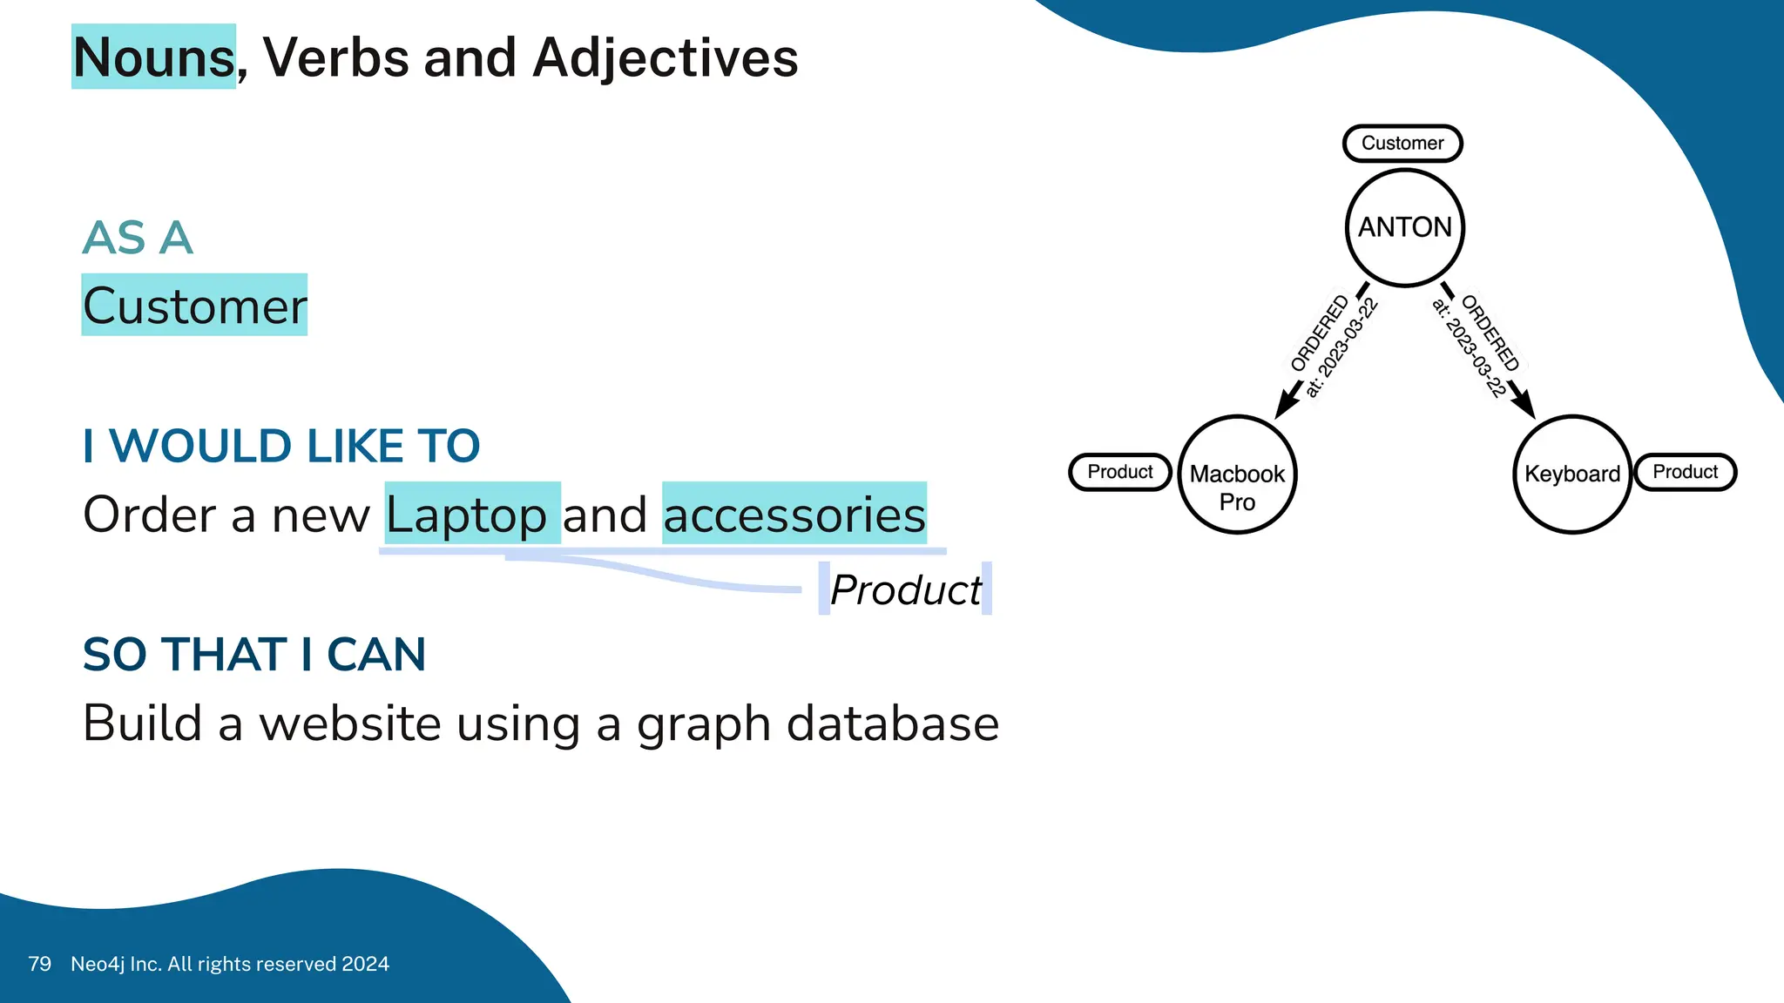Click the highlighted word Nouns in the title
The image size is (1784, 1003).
tap(154, 57)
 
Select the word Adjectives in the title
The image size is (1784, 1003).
tap(666, 57)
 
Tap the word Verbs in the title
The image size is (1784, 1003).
tap(336, 57)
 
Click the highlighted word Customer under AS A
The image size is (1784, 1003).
tap(195, 306)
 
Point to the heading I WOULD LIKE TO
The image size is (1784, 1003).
tap(281, 446)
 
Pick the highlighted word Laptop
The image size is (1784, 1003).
tap(467, 515)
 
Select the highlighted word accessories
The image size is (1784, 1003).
tap(794, 515)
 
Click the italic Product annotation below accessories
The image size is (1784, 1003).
tap(905, 590)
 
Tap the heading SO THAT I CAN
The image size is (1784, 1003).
tap(254, 655)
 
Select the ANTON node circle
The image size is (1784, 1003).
tap(1405, 227)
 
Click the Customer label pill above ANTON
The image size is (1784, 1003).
tap(1402, 143)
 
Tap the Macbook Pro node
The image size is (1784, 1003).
tap(1237, 475)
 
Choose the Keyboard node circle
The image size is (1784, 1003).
tap(1572, 475)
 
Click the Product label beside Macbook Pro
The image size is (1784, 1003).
tap(1120, 472)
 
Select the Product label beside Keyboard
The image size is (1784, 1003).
tap(1686, 472)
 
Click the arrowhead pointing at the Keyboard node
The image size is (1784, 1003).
tap(1524, 404)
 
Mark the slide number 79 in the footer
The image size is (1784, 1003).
tap(40, 964)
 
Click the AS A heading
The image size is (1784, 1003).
tap(138, 238)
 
